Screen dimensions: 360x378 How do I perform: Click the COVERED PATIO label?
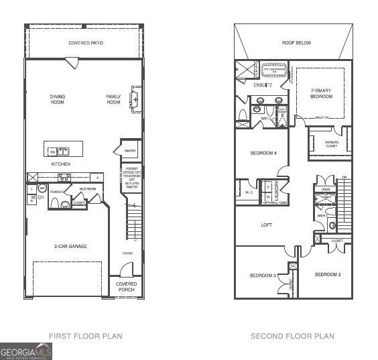click(86, 43)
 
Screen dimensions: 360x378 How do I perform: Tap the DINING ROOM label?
click(58, 99)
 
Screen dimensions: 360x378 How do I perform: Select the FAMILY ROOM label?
click(113, 99)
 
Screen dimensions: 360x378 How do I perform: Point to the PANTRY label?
click(130, 152)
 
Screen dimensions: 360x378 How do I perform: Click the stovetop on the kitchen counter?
click(64, 177)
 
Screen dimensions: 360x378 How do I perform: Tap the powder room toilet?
click(65, 204)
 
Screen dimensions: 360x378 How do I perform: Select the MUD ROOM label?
click(88, 189)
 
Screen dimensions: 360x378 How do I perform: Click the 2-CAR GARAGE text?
click(70, 246)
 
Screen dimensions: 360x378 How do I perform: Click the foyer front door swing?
click(125, 269)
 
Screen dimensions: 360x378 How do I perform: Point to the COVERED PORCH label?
click(126, 287)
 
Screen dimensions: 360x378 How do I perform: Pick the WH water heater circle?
click(42, 188)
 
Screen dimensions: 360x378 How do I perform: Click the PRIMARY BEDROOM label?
click(320, 93)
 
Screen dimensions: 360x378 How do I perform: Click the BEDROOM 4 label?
click(263, 154)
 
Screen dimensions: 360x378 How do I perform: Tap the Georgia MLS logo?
click(26, 351)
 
